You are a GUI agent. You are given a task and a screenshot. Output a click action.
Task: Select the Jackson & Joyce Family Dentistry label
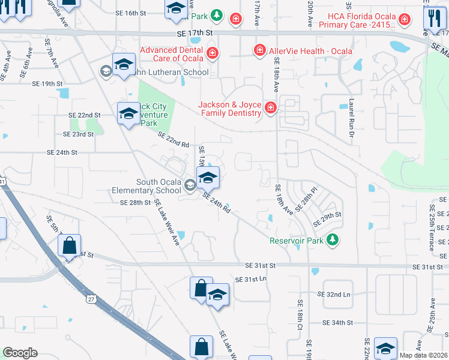pyautogui.click(x=230, y=109)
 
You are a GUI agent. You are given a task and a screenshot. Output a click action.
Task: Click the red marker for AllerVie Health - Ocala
pyautogui.click(x=259, y=50)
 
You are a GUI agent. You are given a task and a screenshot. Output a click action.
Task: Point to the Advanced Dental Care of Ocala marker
pyautogui.click(x=212, y=54)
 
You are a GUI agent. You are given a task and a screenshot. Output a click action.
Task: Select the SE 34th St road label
pyautogui.click(x=337, y=323)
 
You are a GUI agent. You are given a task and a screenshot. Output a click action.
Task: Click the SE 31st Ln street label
pyautogui.click(x=250, y=280)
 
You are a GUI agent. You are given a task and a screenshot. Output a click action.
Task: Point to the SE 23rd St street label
pyautogui.click(x=79, y=134)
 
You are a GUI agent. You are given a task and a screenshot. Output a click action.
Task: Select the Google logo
pyautogui.click(x=20, y=353)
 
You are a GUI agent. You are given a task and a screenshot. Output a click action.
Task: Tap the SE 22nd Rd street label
pyautogui.click(x=173, y=140)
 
